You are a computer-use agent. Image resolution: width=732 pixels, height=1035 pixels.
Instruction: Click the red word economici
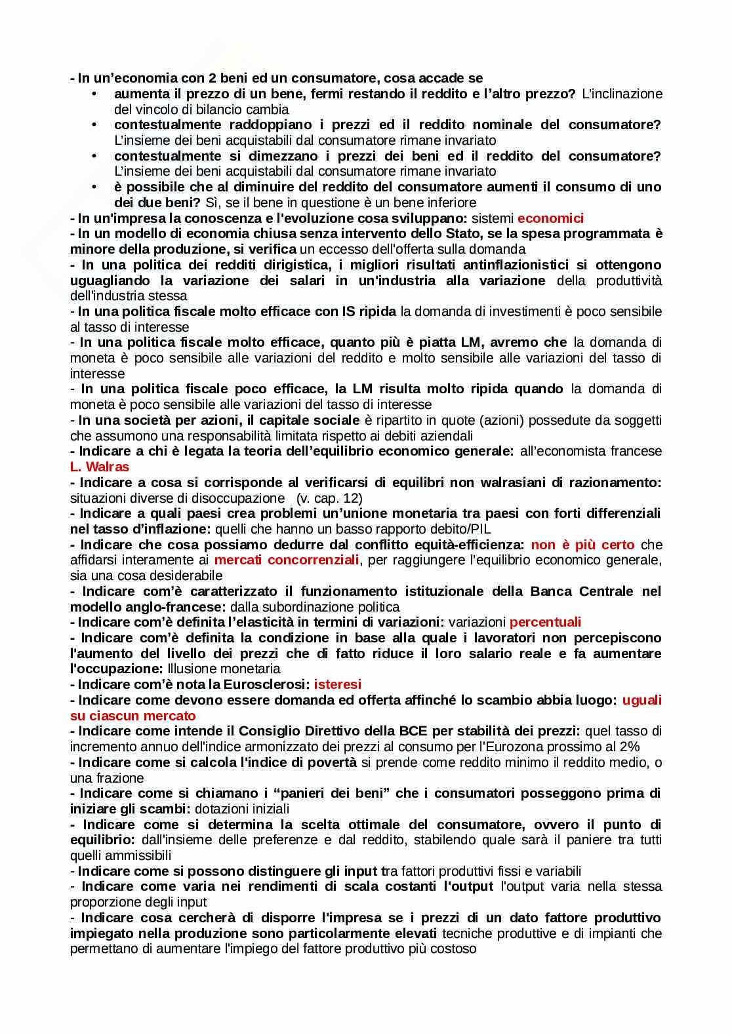pyautogui.click(x=550, y=218)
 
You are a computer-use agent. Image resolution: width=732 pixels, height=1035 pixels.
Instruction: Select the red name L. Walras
pyautogui.click(x=100, y=467)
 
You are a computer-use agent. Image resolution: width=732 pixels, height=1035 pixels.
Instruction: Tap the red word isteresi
pyautogui.click(x=337, y=684)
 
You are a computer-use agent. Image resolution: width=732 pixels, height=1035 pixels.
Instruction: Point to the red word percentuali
pyautogui.click(x=545, y=622)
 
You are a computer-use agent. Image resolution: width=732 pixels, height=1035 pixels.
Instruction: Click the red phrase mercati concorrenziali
pyautogui.click(x=287, y=560)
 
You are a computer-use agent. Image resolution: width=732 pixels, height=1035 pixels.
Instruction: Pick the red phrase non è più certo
pyautogui.click(x=582, y=545)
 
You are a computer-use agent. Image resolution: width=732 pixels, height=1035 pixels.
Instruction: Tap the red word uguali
pyautogui.click(x=641, y=700)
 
